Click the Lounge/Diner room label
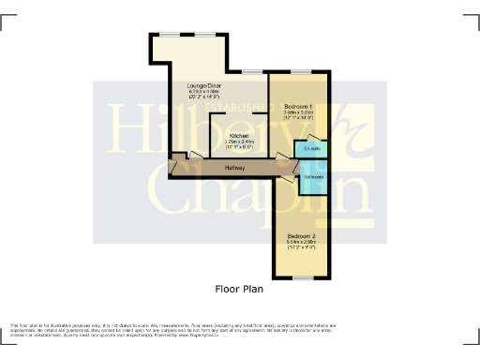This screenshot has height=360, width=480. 203,86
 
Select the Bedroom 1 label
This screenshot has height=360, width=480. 299,107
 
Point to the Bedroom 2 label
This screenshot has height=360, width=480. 302,234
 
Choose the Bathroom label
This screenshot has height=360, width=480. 312,177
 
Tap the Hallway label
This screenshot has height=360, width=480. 234,168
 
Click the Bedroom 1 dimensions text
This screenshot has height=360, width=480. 299,116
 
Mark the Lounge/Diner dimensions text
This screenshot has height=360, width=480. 203,95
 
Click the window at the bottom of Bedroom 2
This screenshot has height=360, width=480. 303,278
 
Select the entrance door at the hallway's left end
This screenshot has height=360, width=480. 174,167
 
